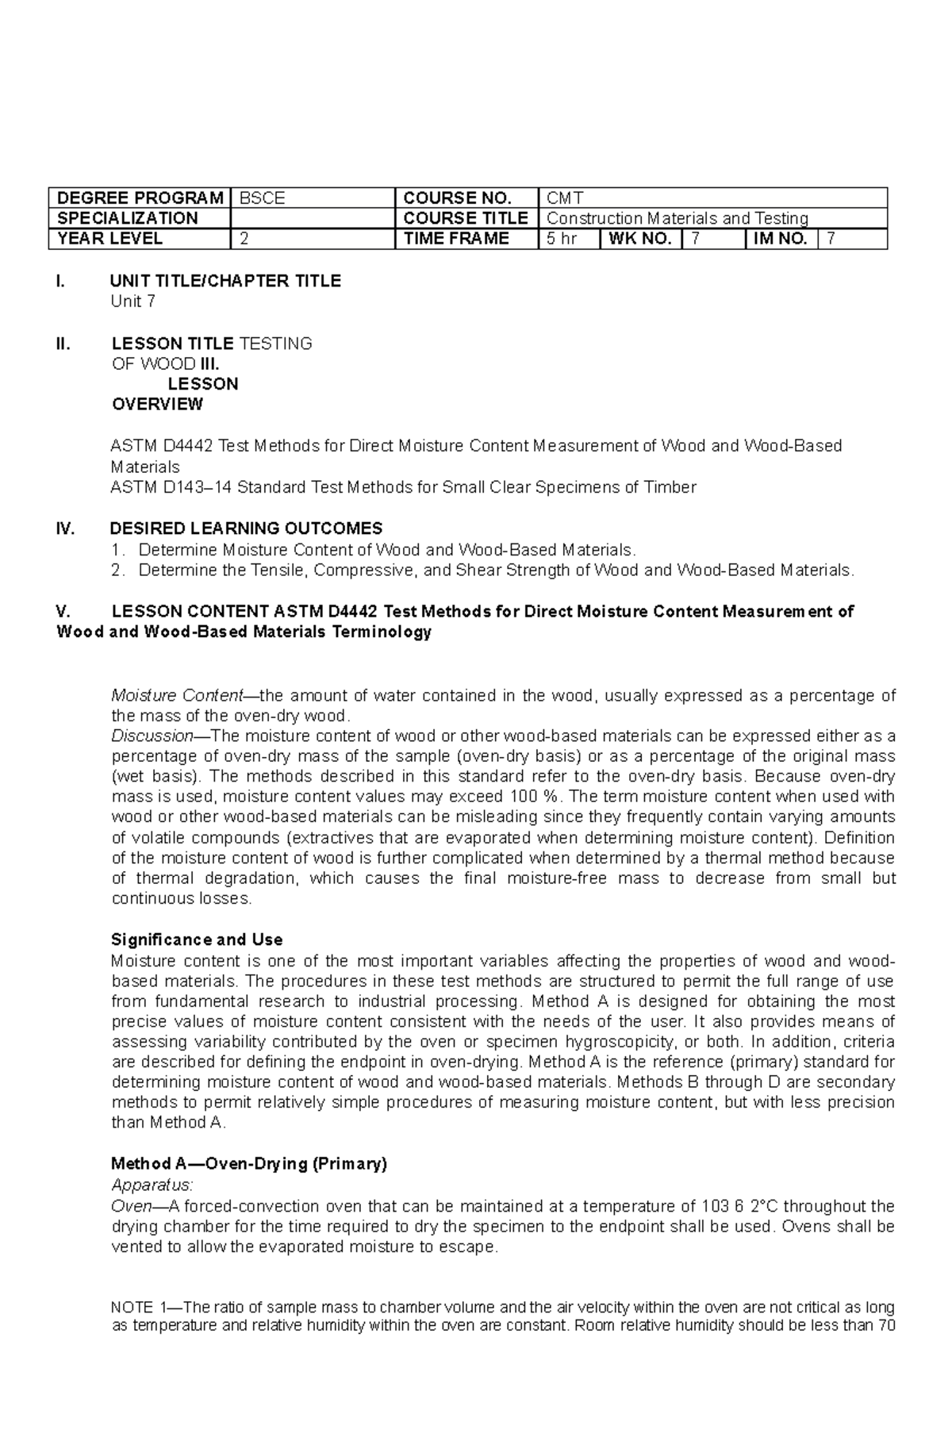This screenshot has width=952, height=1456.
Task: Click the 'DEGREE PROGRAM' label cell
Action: tap(140, 198)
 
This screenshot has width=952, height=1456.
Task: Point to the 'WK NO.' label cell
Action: tap(639, 239)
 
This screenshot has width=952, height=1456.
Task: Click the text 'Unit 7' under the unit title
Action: tap(133, 302)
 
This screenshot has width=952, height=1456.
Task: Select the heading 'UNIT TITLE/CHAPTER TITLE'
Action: tap(226, 281)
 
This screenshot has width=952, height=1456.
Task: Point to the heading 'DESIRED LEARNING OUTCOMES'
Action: tap(246, 528)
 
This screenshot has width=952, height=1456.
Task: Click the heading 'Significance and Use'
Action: tap(197, 940)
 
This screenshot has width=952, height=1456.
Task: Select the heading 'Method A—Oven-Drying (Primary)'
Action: tap(249, 1164)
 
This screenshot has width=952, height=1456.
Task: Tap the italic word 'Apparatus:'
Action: tap(152, 1185)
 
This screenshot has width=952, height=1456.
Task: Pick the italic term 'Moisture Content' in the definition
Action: tap(176, 696)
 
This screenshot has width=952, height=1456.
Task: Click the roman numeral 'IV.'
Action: tap(65, 528)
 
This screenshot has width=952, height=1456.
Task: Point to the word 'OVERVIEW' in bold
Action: tap(157, 405)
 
